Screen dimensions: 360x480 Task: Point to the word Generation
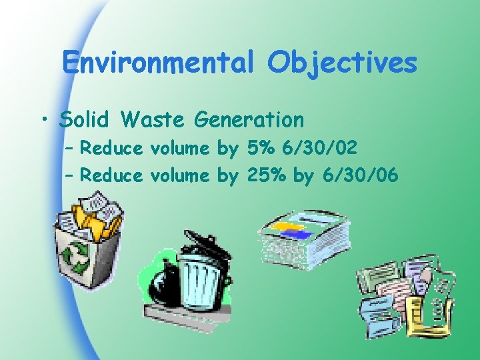point(249,120)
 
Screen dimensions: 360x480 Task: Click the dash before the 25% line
point(71,175)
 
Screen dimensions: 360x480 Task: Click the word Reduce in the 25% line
point(114,175)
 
